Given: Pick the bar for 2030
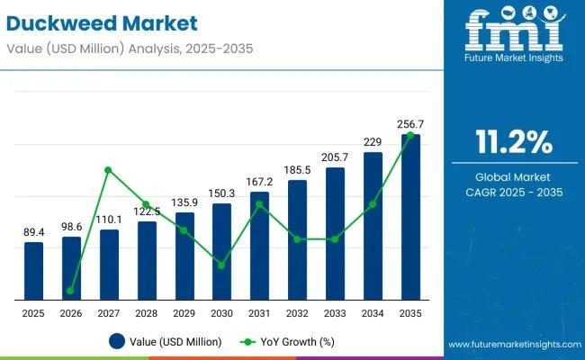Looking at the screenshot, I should [221, 251].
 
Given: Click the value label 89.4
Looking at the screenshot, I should [33, 232].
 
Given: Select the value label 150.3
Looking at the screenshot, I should [221, 193].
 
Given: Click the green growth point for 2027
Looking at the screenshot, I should [108, 170].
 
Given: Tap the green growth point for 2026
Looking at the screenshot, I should [70, 291].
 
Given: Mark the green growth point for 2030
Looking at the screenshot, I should [221, 265].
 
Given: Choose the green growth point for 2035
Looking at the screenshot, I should [410, 135].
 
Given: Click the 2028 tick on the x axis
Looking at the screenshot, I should [146, 312].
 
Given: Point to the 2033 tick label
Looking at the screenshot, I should [335, 312].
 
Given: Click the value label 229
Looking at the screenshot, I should [373, 140].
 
